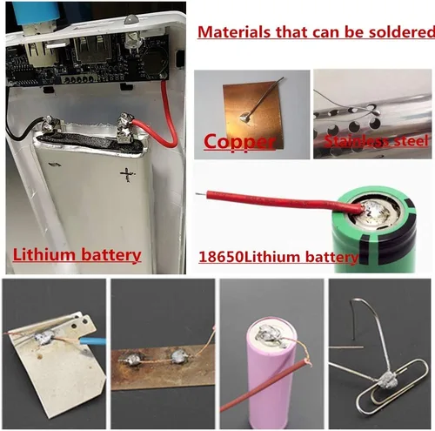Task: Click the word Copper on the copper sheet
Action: (239, 142)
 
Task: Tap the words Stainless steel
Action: (376, 141)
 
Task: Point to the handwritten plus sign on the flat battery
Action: (128, 174)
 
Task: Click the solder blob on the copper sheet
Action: (246, 117)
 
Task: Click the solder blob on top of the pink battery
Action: (268, 337)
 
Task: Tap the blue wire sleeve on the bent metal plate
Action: (92, 340)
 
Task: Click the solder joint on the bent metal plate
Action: (44, 337)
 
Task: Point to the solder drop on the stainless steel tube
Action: (376, 111)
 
